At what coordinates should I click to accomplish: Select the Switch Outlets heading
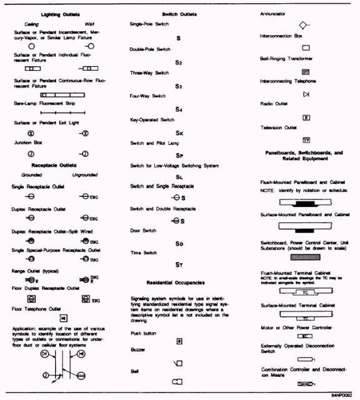click(179, 14)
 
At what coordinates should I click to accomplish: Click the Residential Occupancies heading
click(179, 282)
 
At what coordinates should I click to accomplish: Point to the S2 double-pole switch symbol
click(179, 62)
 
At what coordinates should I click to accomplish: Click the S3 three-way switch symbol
click(179, 86)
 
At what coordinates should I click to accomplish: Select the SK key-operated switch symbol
click(179, 132)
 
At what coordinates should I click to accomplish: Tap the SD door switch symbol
click(179, 242)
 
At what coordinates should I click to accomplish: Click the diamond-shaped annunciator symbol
click(303, 26)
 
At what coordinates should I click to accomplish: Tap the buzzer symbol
click(178, 362)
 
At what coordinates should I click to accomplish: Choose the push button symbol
click(179, 341)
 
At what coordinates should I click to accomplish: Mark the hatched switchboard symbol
click(306, 256)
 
